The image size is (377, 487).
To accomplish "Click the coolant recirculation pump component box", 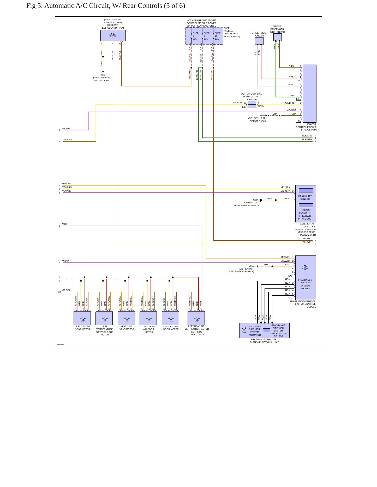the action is click(x=113, y=35).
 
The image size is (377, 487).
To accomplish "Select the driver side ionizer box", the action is click(x=259, y=41).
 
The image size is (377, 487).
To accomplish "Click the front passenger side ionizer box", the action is click(x=278, y=37).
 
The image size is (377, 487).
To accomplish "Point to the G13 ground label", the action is click(x=103, y=75).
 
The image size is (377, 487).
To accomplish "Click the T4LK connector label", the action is click(x=298, y=80).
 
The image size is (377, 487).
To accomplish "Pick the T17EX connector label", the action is click(x=261, y=106).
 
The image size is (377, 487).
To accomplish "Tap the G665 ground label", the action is click(x=263, y=115).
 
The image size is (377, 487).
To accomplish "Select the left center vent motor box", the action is click(x=82, y=318).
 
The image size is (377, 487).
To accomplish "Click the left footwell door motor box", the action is click(x=170, y=318).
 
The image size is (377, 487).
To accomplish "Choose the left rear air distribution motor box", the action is click(x=196, y=318).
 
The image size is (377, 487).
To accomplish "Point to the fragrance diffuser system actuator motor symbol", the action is click(x=244, y=330).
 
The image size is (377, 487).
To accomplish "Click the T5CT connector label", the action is click(x=291, y=298).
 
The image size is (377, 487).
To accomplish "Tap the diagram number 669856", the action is click(x=61, y=345).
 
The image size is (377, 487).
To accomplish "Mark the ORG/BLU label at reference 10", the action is click(x=67, y=290).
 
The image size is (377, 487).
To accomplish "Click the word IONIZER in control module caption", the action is click(x=312, y=124).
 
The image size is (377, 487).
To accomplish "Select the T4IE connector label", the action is click(x=298, y=121).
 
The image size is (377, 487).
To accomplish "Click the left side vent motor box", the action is click(x=126, y=318).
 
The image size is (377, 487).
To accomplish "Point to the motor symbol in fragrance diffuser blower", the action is click(x=305, y=267).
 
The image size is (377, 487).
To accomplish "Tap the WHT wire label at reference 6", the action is click(x=65, y=224).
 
